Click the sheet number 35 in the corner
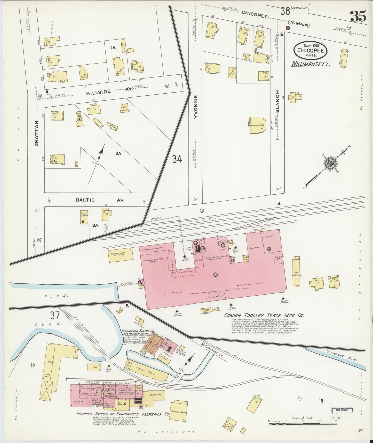(x=358, y=17)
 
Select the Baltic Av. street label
(x=100, y=200)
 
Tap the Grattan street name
(x=37, y=134)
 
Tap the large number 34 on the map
(x=177, y=159)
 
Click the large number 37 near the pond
(x=55, y=316)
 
